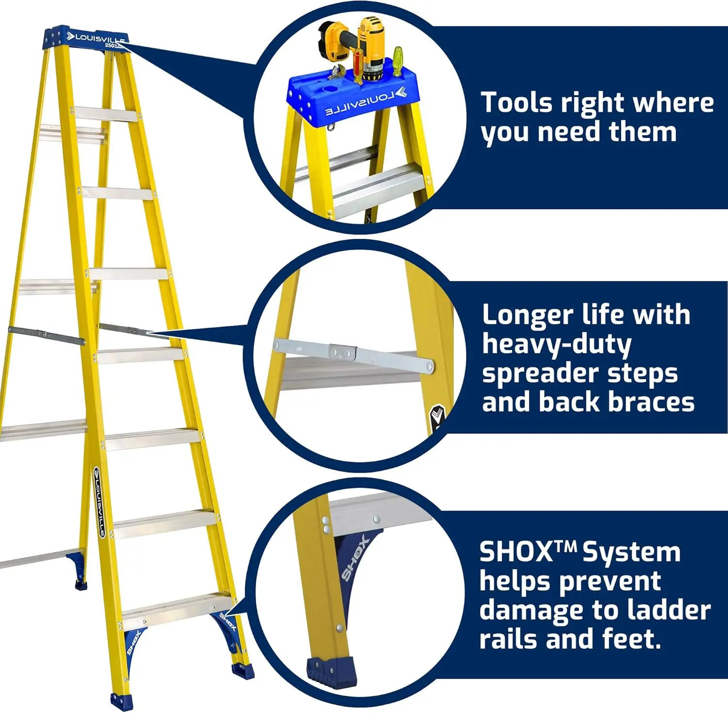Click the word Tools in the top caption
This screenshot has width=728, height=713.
(516, 103)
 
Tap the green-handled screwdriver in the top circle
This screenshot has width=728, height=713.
(397, 61)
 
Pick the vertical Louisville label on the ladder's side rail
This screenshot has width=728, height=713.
(98, 502)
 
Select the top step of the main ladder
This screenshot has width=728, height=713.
(106, 114)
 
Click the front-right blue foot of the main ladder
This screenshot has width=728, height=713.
(243, 671)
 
